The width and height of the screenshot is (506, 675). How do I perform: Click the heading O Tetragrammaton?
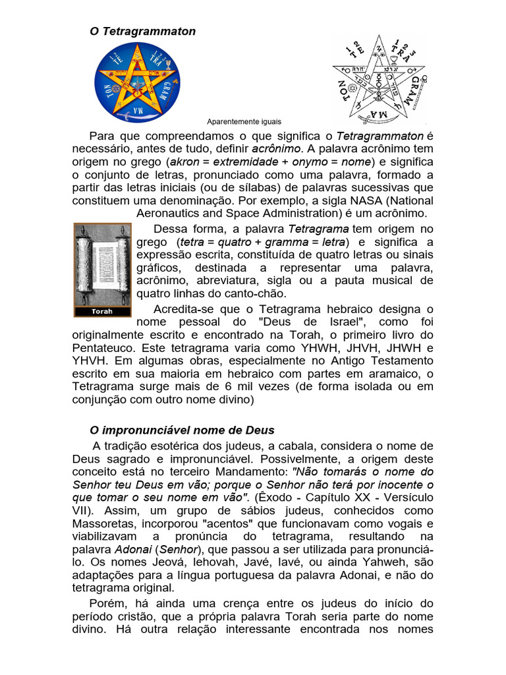pyautogui.click(x=142, y=31)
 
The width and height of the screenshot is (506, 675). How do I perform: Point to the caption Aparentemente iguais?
pyautogui.click(x=244, y=121)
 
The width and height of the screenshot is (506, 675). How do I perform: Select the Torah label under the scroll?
pyautogui.click(x=102, y=311)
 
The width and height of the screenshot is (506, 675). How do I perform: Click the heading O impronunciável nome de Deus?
pyautogui.click(x=182, y=430)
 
